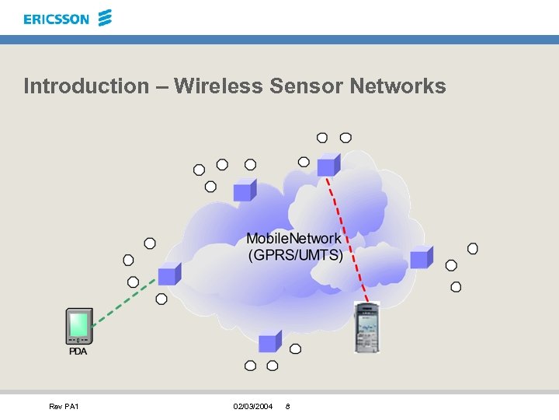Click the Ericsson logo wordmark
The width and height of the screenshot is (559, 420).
tap(57, 19)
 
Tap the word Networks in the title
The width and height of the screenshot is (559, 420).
tap(398, 86)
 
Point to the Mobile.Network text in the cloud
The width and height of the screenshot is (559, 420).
tap(293, 239)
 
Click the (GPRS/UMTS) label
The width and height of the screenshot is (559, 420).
tap(295, 254)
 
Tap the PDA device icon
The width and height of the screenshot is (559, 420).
tap(78, 326)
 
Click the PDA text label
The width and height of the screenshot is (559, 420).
tap(78, 352)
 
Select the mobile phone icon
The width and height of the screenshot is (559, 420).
tap(366, 327)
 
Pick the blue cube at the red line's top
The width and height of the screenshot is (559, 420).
tap(328, 164)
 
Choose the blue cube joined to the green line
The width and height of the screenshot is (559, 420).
tap(168, 274)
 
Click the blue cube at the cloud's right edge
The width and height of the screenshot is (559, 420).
tap(421, 257)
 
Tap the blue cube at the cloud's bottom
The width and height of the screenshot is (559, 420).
tap(269, 341)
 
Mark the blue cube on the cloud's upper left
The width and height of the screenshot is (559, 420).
tap(245, 189)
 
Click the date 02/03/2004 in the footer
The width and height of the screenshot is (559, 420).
tap(252, 407)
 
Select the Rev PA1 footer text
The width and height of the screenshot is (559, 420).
tap(64, 407)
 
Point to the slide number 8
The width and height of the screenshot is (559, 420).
tap(288, 407)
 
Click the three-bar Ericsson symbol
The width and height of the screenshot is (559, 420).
tap(106, 17)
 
